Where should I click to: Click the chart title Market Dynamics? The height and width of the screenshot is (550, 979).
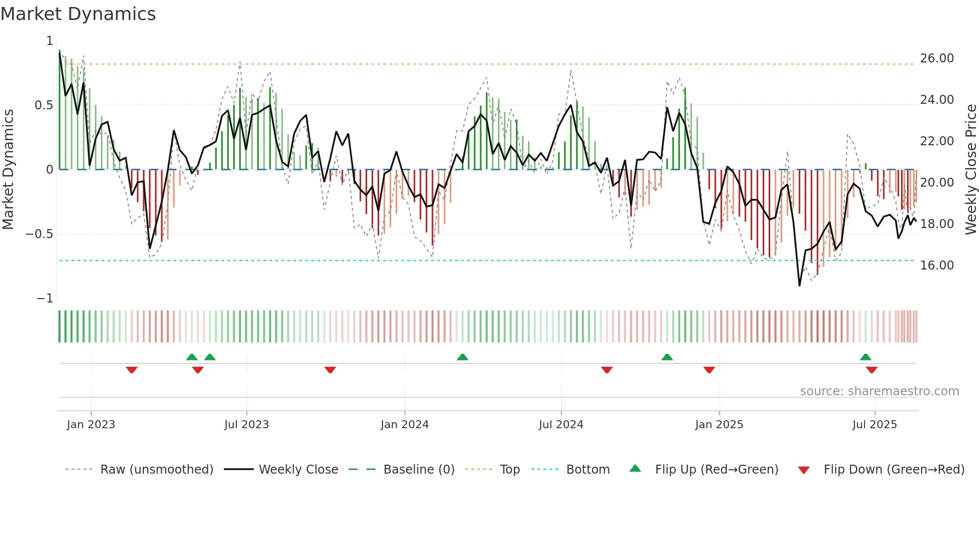click(78, 14)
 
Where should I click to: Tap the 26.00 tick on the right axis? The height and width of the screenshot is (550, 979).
click(937, 58)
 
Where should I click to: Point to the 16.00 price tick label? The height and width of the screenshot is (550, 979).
click(937, 266)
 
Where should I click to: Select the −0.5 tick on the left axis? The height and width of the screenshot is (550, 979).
click(39, 234)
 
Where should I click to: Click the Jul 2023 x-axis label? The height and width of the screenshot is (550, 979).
click(246, 425)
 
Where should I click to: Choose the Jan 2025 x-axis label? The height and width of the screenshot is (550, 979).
click(719, 425)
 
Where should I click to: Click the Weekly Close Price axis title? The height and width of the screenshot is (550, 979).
click(971, 170)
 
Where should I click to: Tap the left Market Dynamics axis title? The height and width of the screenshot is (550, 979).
click(8, 170)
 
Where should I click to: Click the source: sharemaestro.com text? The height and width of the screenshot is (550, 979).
click(879, 391)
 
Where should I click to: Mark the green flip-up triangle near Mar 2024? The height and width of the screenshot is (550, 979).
click(463, 357)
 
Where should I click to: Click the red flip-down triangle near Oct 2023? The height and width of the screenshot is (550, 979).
click(330, 370)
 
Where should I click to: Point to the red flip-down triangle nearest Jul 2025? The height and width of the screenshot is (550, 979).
click(872, 370)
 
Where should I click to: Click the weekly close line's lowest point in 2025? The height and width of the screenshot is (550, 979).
click(799, 285)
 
